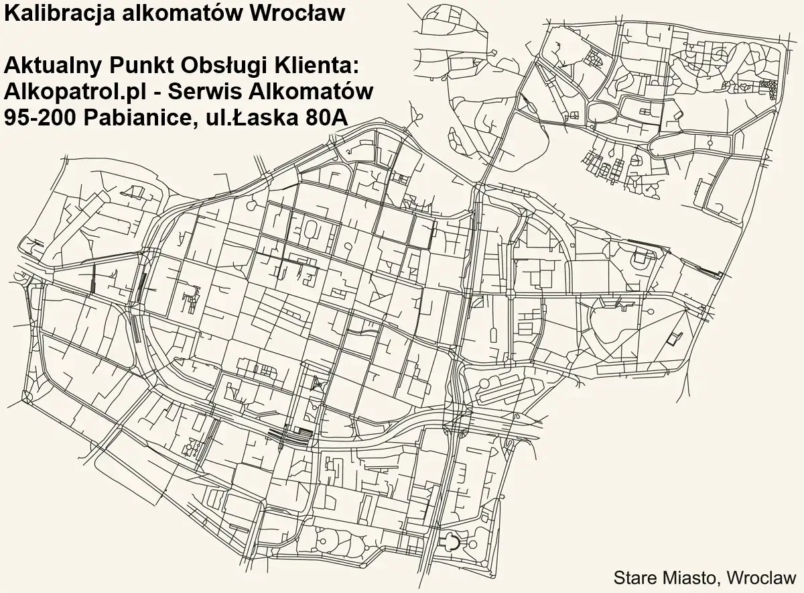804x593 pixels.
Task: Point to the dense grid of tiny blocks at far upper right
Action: pyautogui.click(x=768, y=87)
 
